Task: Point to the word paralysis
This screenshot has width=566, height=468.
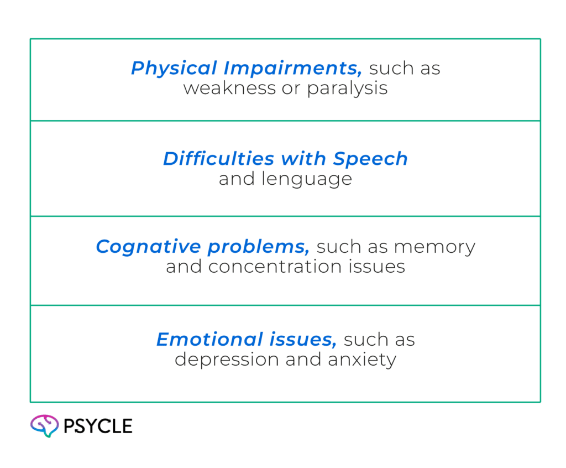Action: coord(348,89)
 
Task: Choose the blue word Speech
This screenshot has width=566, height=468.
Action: coord(371,159)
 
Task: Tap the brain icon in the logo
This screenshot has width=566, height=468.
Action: coord(44,425)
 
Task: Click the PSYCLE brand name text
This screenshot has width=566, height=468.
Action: coord(98,426)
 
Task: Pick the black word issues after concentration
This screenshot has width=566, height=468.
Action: coord(381,267)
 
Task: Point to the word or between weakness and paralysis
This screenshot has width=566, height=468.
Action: coord(290,89)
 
